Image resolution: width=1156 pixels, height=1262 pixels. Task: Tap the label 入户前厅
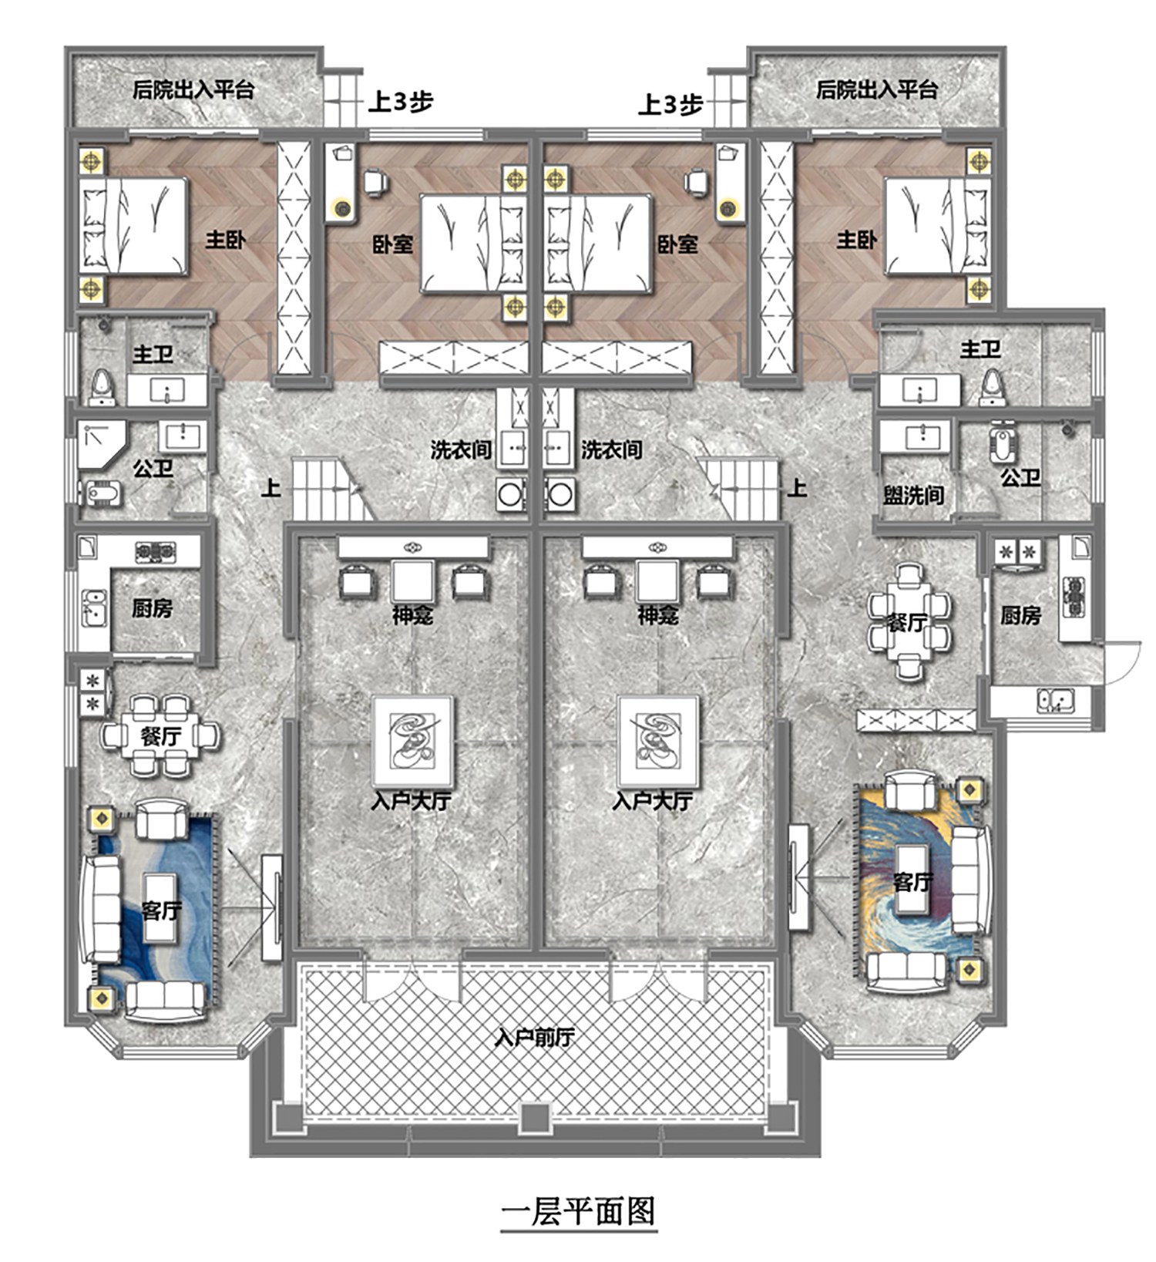[x=534, y=1038]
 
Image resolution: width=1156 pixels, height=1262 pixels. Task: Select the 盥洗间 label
[x=913, y=494]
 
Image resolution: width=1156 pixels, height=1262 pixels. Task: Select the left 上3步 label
[x=400, y=102]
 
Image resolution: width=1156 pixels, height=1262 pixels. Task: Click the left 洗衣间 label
[x=460, y=449]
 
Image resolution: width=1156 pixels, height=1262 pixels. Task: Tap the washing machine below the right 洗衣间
[x=560, y=494]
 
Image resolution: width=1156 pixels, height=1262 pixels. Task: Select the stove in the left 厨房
[x=156, y=551]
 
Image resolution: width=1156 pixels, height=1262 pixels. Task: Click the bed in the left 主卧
[x=133, y=227]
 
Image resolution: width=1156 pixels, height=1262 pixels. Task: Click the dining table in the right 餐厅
[x=909, y=621]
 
